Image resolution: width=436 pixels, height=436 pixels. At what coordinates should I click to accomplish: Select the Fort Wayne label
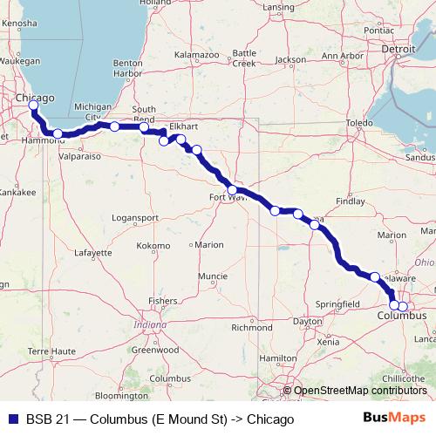[x=228, y=200]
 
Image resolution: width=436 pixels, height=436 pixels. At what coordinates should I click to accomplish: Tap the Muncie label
[x=213, y=276]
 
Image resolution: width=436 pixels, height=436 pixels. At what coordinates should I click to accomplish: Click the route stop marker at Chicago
[x=33, y=106]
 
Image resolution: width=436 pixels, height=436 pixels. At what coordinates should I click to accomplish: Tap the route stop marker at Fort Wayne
[x=233, y=190]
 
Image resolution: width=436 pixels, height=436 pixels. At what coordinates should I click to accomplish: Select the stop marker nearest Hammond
[x=58, y=133]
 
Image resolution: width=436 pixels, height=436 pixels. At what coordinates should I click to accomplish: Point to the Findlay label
[x=351, y=201]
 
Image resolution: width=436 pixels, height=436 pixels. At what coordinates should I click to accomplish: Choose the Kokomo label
[x=153, y=246]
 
